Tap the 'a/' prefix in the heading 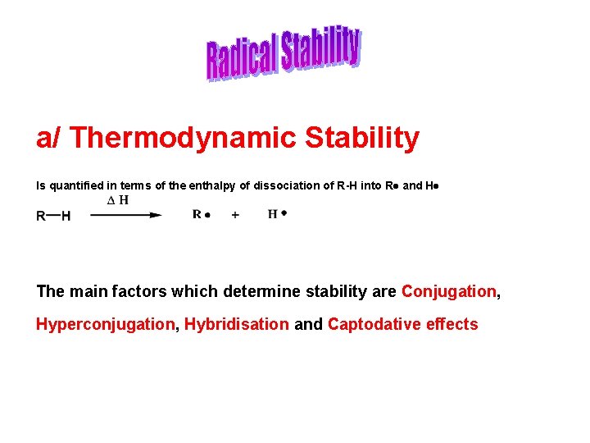click(48, 138)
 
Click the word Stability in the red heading click(361, 138)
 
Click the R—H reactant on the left click(53, 216)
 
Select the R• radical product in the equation click(202, 215)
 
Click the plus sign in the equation click(236, 215)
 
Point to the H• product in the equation click(277, 214)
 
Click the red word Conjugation click(448, 291)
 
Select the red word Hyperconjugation click(105, 324)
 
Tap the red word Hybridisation click(236, 324)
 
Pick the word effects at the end click(452, 324)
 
